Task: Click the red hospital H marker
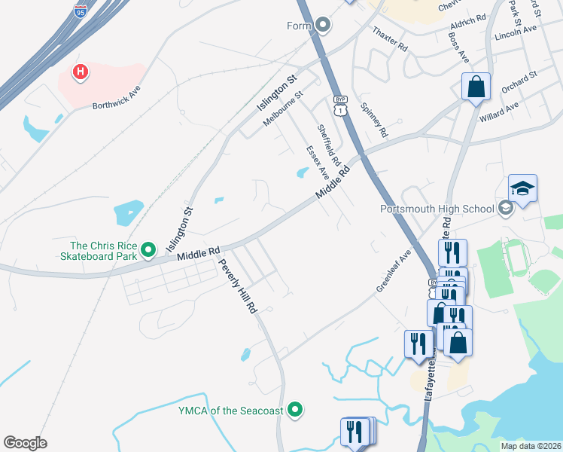80,72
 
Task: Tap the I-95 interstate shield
81,11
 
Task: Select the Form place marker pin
324,26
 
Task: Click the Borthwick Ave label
117,97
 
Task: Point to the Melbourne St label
281,109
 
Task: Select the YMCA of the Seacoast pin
296,410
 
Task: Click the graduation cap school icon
522,188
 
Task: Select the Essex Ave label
317,162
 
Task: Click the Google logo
25,442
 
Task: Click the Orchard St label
518,84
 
